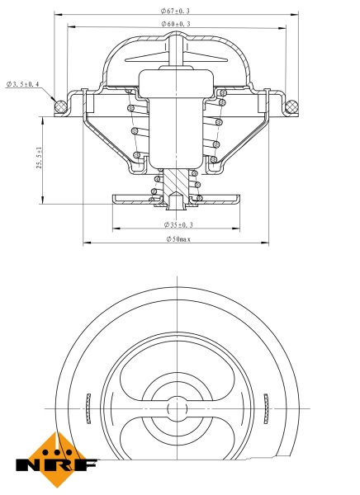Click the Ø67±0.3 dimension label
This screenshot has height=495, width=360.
tap(175, 11)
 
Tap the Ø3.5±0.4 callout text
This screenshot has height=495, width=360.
tap(23, 84)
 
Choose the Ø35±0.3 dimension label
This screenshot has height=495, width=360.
tap(178, 224)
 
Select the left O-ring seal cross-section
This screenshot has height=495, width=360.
tap(59, 105)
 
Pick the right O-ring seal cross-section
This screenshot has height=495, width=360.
tap(290, 105)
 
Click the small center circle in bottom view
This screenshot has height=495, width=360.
tap(175, 408)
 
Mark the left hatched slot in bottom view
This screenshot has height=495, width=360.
tap(86, 408)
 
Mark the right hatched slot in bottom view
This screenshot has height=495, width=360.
tap(266, 408)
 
